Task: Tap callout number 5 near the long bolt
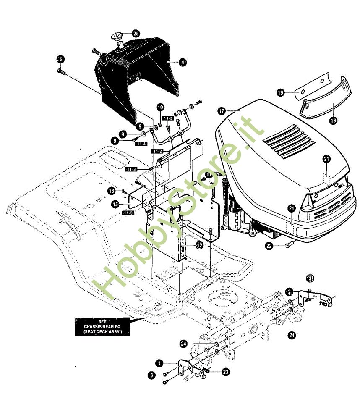pos(60,59)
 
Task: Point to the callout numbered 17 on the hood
pos(222,111)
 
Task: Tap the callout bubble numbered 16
pos(111,191)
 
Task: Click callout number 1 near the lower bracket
pos(159,362)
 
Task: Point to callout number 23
pos(226,372)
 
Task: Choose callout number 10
pos(161,107)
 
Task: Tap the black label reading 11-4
pos(141,144)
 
